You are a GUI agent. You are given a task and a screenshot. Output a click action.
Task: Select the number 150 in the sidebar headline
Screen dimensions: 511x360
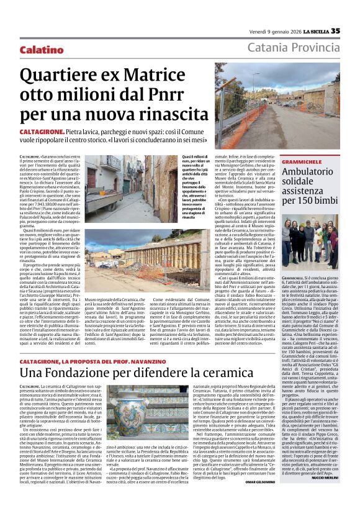(310, 201)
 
